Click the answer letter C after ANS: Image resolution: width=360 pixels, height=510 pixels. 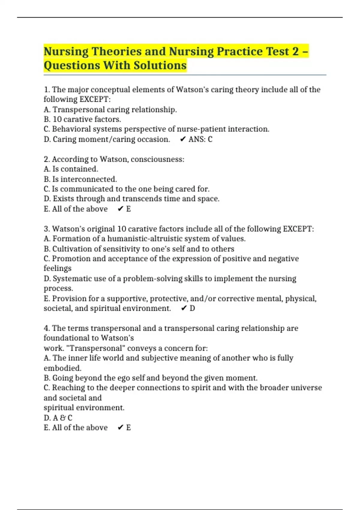tap(210, 139)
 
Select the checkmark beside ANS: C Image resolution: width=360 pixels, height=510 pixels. tap(183, 139)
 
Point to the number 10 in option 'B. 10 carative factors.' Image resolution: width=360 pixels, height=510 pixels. tap(57, 119)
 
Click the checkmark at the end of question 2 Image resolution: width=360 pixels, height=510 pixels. tap(121, 209)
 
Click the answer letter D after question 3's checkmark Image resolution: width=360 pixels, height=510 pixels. tap(192, 308)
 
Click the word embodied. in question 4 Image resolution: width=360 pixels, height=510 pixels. tap(62, 368)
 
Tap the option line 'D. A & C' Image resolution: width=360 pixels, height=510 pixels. tap(58, 418)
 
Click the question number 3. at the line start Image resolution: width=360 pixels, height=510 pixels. tap(47, 229)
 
